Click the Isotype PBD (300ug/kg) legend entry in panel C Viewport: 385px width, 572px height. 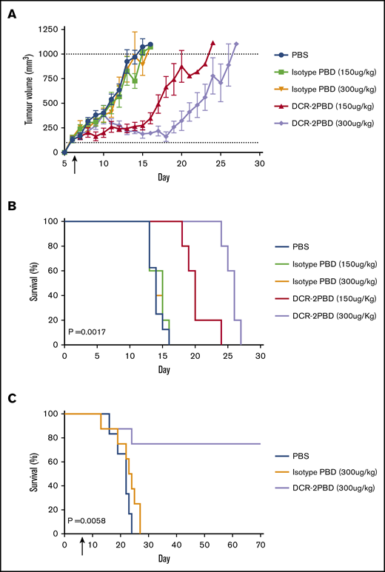coord(326,473)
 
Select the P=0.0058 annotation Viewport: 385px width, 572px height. coord(87,521)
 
